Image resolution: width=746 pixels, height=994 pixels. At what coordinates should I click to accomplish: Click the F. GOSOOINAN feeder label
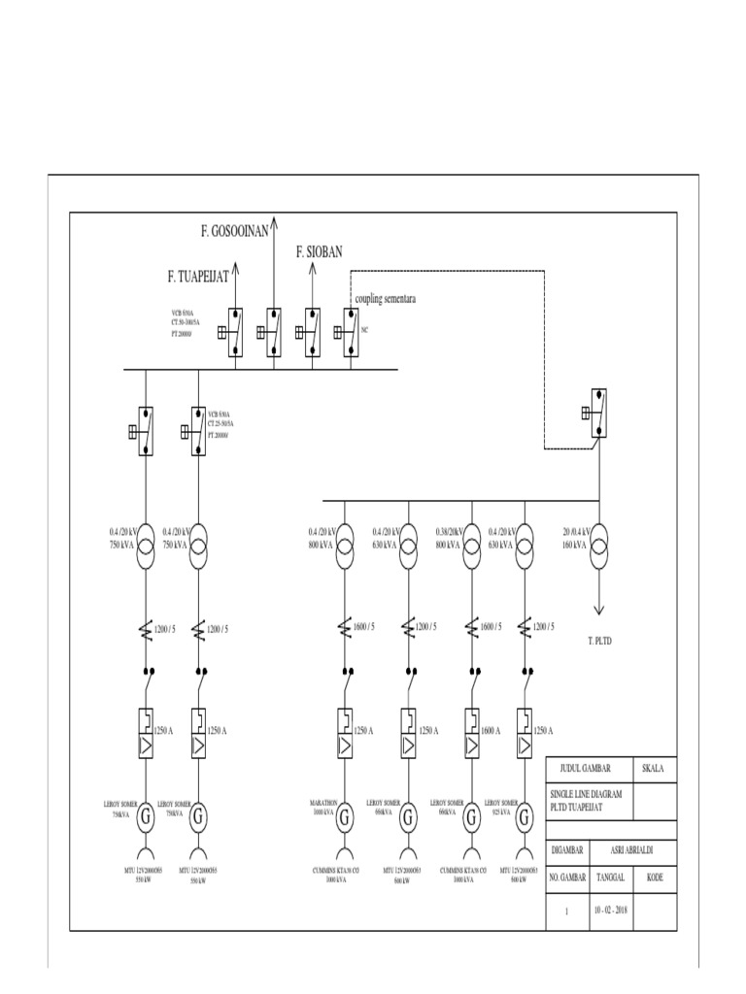tap(234, 230)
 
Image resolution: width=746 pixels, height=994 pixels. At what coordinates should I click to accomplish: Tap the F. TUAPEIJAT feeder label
tap(197, 278)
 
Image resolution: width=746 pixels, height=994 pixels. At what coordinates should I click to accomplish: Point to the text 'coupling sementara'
tap(386, 300)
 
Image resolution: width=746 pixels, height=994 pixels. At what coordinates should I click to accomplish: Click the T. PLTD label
tap(602, 641)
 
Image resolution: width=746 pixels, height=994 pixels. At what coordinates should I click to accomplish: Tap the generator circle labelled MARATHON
tap(346, 817)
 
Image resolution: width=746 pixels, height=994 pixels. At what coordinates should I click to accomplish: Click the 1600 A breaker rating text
tap(491, 729)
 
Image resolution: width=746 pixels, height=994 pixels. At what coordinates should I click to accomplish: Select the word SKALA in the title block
tap(654, 768)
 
